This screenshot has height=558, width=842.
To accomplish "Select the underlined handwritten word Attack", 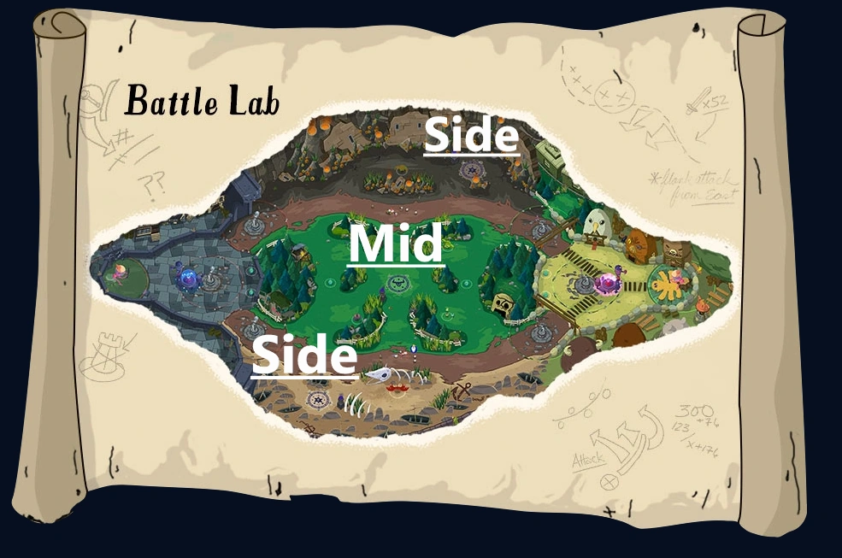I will (x=588, y=461).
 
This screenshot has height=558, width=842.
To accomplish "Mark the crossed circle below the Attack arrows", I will (x=609, y=481).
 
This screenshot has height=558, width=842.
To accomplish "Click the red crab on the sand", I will (x=396, y=389).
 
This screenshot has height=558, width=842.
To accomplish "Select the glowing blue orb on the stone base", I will (x=186, y=277).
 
